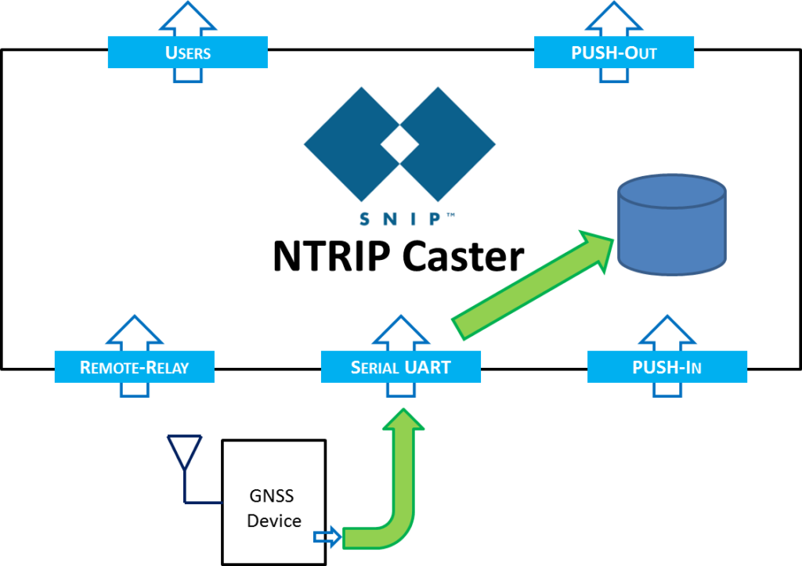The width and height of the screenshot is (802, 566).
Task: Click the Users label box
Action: (x=187, y=52)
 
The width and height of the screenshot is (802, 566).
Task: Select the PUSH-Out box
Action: (x=614, y=52)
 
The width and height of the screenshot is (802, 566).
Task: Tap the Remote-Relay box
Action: (x=134, y=367)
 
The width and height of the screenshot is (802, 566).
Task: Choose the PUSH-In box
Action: (x=667, y=367)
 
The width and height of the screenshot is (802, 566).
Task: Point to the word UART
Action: (x=428, y=367)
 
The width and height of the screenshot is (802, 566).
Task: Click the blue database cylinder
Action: (x=672, y=225)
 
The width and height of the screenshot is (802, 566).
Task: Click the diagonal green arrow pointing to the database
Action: (x=533, y=284)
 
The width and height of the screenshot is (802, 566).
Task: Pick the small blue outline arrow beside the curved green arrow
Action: (x=327, y=536)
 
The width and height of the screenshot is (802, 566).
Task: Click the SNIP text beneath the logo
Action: (x=399, y=220)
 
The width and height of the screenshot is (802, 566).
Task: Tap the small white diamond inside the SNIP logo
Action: (x=400, y=145)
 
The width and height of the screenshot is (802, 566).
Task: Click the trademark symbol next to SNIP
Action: (x=450, y=214)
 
